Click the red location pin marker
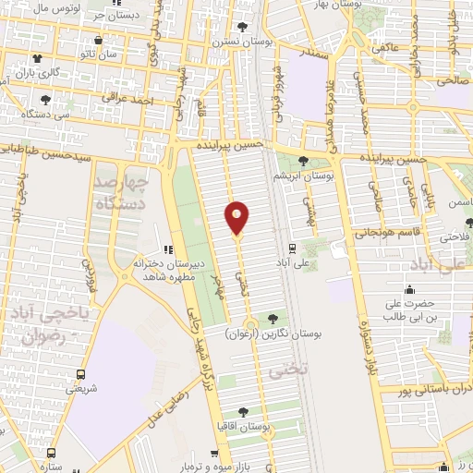[237, 217]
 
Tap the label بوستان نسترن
[243, 42]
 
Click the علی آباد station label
[291, 262]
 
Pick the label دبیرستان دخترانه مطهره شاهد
[164, 267]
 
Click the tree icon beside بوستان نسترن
[242, 27]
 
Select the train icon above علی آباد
[292, 248]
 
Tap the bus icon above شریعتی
[81, 374]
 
